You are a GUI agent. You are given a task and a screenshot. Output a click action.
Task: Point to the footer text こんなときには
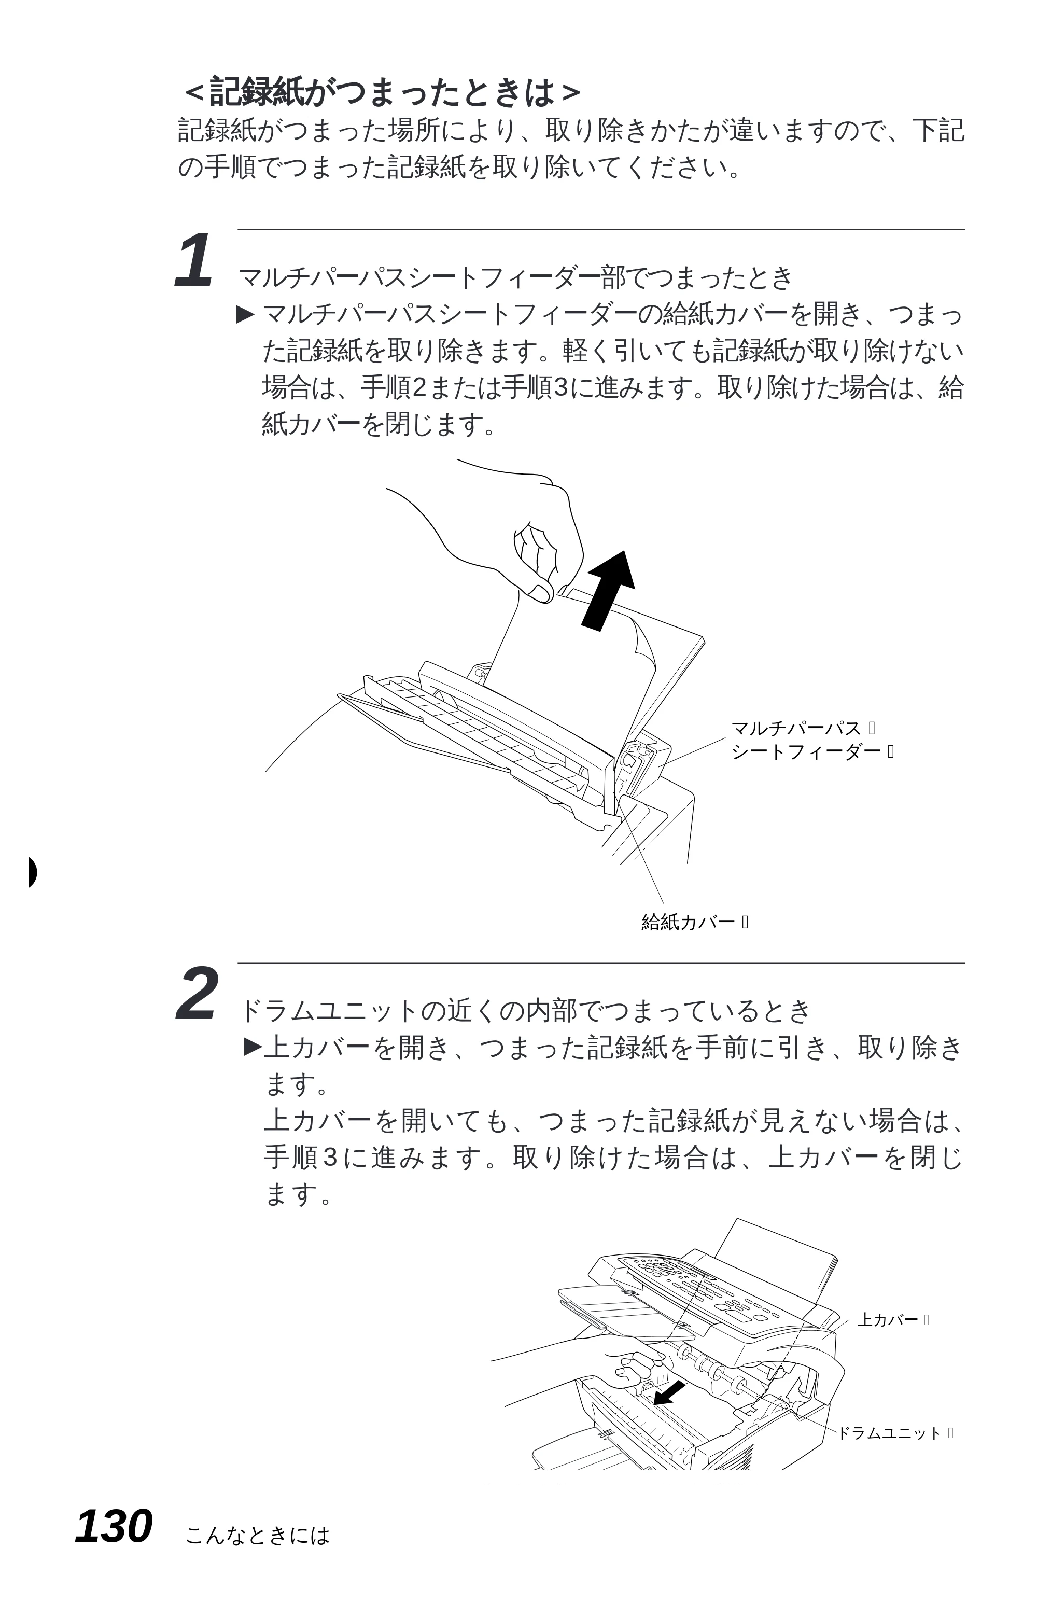pyautogui.click(x=257, y=1535)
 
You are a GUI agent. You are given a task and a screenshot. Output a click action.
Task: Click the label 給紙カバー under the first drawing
pyautogui.click(x=688, y=922)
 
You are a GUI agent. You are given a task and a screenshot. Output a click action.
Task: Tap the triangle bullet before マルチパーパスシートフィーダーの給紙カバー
pyautogui.click(x=246, y=314)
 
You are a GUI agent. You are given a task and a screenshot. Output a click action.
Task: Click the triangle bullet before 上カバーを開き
pyautogui.click(x=253, y=1046)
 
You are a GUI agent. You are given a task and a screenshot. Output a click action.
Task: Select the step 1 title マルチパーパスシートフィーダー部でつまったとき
pyautogui.click(x=516, y=277)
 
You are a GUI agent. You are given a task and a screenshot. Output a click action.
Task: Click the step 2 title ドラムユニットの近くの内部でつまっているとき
pyautogui.click(x=525, y=1010)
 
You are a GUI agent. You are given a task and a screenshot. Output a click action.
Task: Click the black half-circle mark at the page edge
pyautogui.click(x=32, y=873)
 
